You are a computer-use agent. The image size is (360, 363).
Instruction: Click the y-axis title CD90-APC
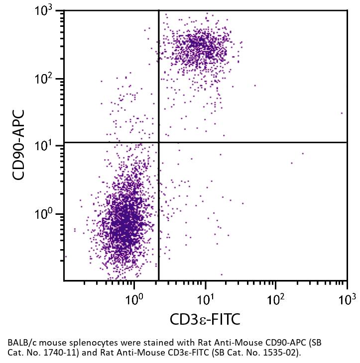(x=18, y=145)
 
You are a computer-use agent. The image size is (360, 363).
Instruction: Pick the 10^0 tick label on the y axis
(x=47, y=215)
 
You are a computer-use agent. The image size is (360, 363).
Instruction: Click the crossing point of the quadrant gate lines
(x=159, y=143)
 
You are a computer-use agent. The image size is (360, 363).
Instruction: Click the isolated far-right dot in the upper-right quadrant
(x=342, y=113)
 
